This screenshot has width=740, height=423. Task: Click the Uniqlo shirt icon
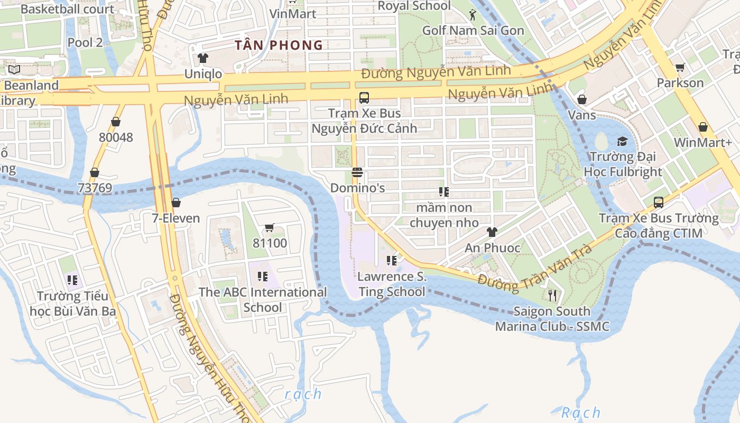203,58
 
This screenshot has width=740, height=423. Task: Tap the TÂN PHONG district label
279,45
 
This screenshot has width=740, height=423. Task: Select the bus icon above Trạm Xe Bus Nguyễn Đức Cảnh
364,97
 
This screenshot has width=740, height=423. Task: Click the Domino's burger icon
357,172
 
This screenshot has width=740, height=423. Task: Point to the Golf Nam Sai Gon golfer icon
473,15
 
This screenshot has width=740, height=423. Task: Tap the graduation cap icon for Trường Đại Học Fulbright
622,141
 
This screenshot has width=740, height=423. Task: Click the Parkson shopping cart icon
680,67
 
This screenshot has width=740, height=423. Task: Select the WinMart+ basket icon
702,127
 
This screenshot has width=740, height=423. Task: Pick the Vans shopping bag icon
582,99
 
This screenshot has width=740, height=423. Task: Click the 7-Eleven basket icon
176,203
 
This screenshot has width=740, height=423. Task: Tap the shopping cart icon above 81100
269,228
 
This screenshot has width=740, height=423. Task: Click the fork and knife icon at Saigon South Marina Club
552,295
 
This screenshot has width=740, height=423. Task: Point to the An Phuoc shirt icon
492,232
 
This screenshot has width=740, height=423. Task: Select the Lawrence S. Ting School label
392,284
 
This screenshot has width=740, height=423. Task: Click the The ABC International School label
263,300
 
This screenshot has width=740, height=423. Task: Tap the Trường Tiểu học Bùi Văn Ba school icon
72,280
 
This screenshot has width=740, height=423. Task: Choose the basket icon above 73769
95,172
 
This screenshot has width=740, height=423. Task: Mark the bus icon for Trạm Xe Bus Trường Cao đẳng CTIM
659,202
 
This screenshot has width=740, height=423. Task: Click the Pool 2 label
85,43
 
